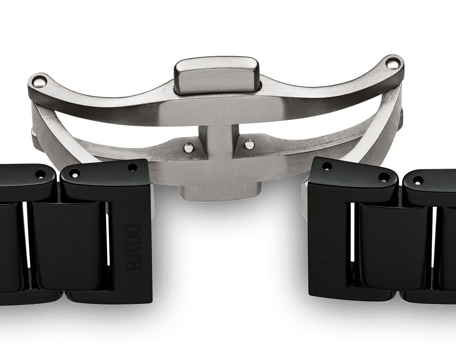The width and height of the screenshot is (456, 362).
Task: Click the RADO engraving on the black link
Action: click(134, 247)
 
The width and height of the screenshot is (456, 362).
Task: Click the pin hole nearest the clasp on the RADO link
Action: click(133, 168)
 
